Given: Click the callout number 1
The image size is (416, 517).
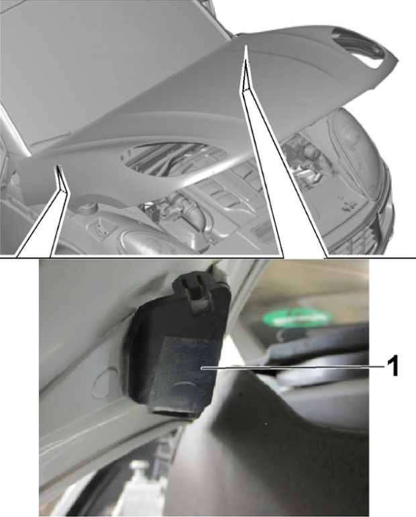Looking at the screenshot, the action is [393, 366].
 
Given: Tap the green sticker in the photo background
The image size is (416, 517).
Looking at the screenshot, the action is [296, 317].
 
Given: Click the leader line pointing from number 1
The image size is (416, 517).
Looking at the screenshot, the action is [293, 367].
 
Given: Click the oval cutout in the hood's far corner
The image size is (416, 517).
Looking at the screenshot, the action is [364, 47].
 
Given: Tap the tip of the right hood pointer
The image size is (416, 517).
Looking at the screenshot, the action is [246, 46].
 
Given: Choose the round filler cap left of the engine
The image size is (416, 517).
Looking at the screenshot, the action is [89, 208].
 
